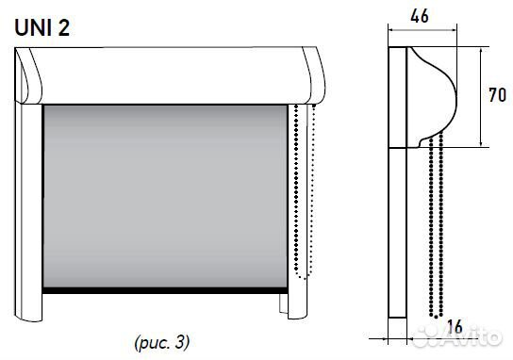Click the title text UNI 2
(x=42, y=27)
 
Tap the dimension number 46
(x=420, y=16)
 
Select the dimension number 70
(x=497, y=95)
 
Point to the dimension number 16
(x=455, y=327)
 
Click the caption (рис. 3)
(x=162, y=343)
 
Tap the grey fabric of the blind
(x=165, y=196)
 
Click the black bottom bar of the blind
(x=165, y=290)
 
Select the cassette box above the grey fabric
(x=170, y=75)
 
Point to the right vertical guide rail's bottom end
(x=297, y=318)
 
